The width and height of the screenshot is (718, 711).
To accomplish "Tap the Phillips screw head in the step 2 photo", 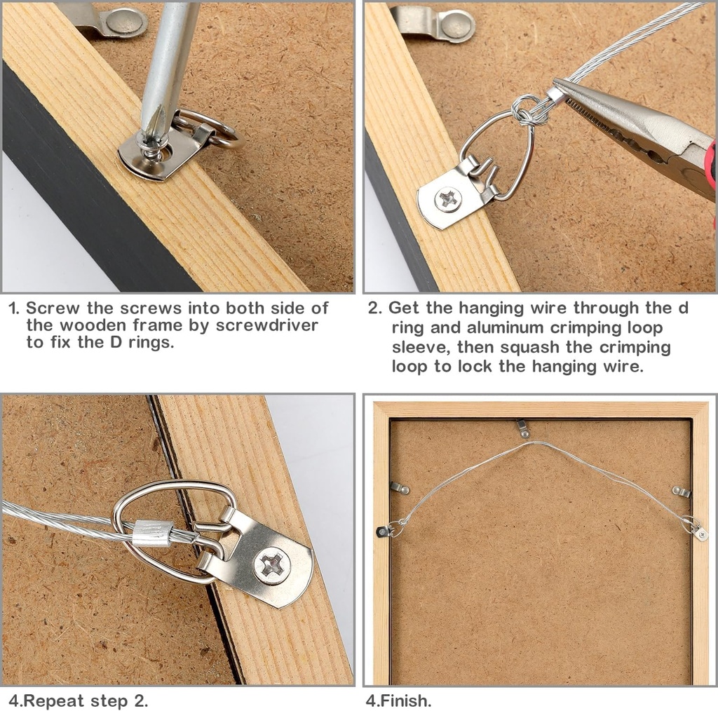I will pyautogui.click(x=448, y=200).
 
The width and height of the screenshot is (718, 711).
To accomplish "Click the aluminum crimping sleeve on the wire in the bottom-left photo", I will pyautogui.click(x=153, y=533).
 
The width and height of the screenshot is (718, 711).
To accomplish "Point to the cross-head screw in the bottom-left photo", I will pyautogui.click(x=272, y=565).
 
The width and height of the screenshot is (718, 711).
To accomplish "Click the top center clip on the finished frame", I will pyautogui.click(x=522, y=428).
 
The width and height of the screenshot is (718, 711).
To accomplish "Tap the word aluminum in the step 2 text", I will pyautogui.click(x=499, y=327).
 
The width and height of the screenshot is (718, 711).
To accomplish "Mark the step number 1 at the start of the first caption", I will pyautogui.click(x=14, y=308).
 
